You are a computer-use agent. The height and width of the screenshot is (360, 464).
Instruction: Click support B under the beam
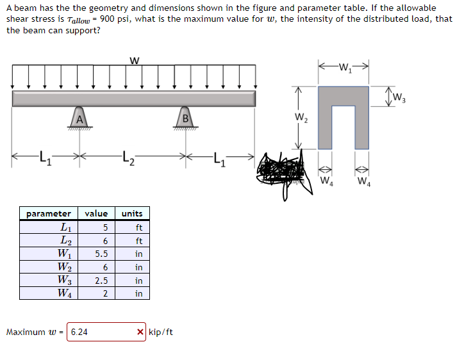tap(186, 119)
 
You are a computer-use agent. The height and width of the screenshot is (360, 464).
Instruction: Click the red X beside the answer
tap(140, 332)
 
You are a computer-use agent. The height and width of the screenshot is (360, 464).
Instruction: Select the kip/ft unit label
tap(161, 332)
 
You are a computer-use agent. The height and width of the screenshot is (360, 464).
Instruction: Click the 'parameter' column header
tap(49, 213)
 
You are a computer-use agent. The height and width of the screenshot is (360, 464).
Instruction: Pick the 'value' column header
tap(96, 213)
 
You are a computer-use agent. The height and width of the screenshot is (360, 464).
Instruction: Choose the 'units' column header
tap(132, 213)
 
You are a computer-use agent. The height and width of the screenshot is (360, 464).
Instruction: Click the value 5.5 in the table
tap(101, 254)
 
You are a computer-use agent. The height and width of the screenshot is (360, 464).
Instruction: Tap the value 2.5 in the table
tap(101, 281)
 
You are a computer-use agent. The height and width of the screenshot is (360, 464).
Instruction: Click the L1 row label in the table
tap(64, 227)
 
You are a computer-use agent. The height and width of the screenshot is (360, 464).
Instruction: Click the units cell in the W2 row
tap(138, 267)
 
